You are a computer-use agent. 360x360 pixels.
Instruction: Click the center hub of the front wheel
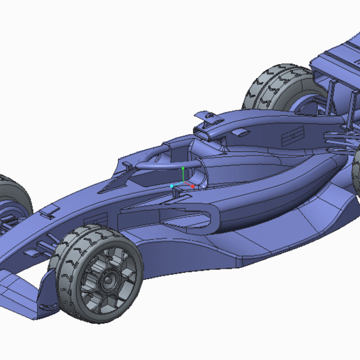[109, 281]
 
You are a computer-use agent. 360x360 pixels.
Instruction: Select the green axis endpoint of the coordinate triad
[183, 168]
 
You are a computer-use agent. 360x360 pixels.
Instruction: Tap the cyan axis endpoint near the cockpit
[172, 186]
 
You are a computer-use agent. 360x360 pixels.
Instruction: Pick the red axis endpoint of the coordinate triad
[193, 186]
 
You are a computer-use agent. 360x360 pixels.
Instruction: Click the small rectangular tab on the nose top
[50, 209]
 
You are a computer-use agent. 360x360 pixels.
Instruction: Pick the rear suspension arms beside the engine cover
[335, 140]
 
